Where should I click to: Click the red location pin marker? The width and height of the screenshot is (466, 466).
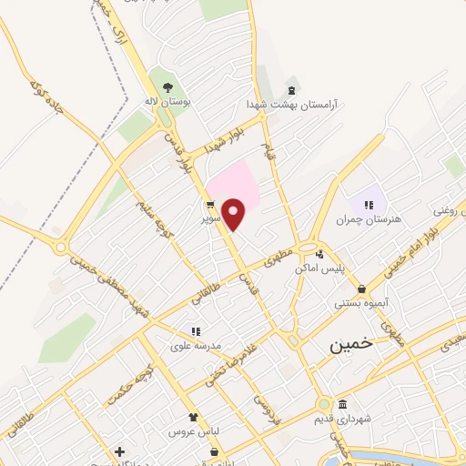[x=234, y=215]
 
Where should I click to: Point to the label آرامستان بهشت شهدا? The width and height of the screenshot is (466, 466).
[x=291, y=105]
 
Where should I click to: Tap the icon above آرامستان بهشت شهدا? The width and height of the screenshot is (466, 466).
[x=291, y=90]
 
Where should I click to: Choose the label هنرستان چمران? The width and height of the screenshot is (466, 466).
[x=369, y=219]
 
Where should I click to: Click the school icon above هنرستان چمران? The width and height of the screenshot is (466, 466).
[x=370, y=204]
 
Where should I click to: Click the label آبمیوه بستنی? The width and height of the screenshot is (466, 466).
[x=362, y=303]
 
